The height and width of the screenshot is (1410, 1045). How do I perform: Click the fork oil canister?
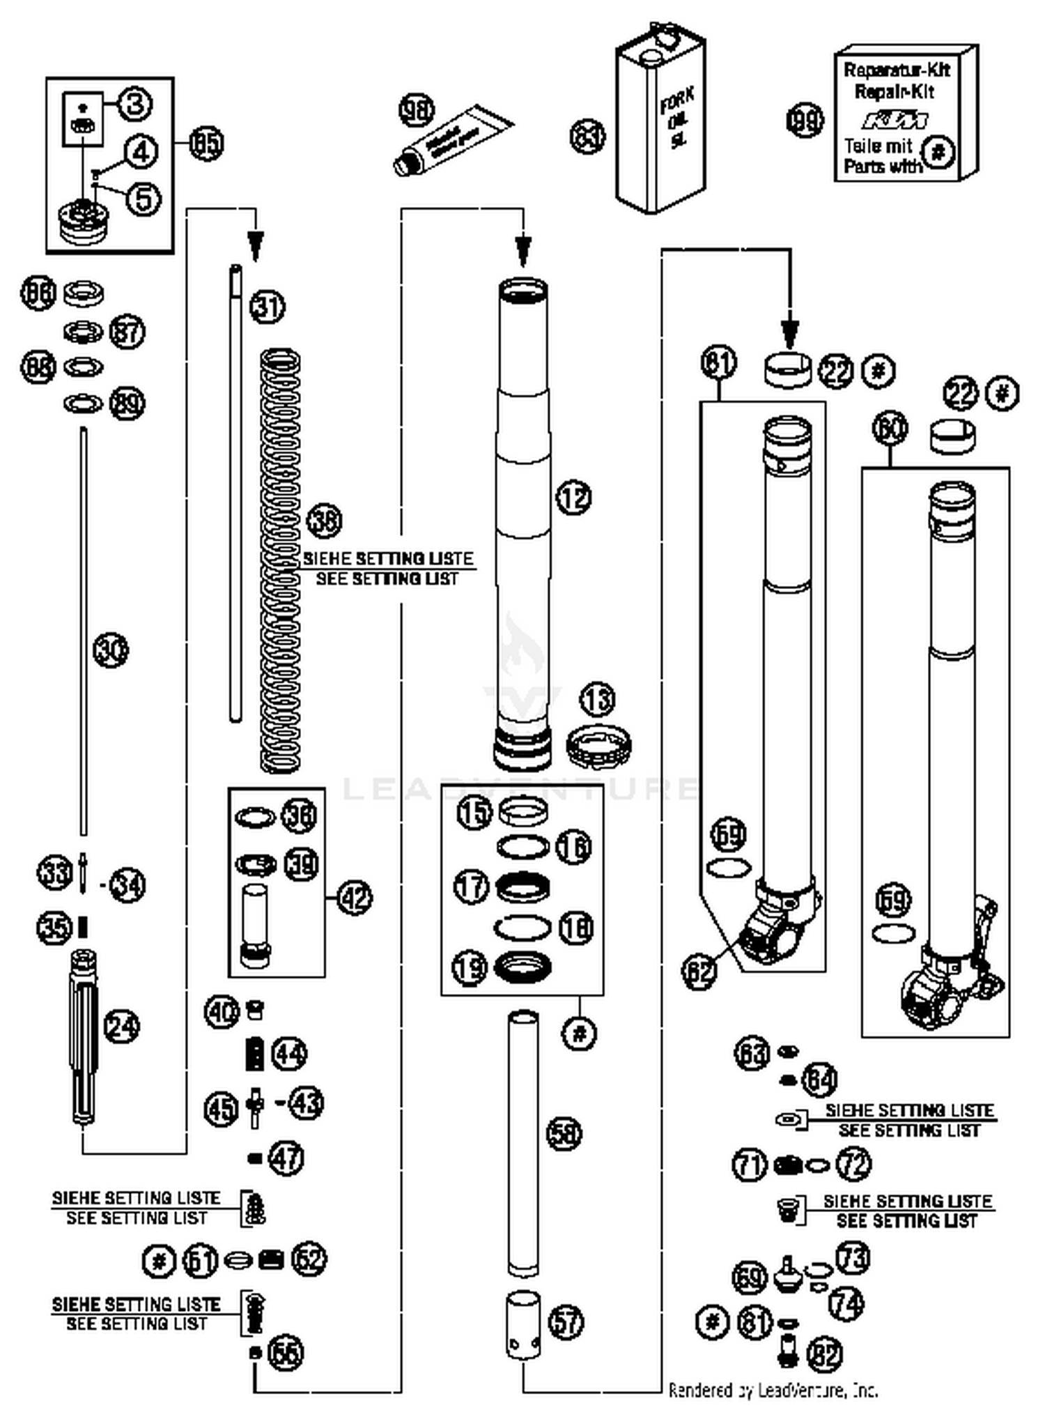tap(660, 129)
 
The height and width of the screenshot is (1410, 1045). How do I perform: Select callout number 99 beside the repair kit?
tap(805, 121)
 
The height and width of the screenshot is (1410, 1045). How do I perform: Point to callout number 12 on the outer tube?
tap(573, 497)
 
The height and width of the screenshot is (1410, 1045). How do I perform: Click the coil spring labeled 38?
tap(281, 561)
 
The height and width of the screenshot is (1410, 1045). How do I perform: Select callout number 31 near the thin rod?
tap(268, 306)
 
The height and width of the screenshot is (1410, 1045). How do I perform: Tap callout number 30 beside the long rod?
tap(111, 650)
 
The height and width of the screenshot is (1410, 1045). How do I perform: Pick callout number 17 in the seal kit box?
tap(472, 887)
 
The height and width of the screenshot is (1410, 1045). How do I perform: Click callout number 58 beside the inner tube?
tap(564, 1133)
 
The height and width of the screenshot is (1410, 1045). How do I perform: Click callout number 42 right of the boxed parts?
tap(355, 898)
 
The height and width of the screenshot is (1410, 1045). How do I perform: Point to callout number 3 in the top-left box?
tap(135, 104)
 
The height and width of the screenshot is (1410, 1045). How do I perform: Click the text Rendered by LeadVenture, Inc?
tap(773, 1390)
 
